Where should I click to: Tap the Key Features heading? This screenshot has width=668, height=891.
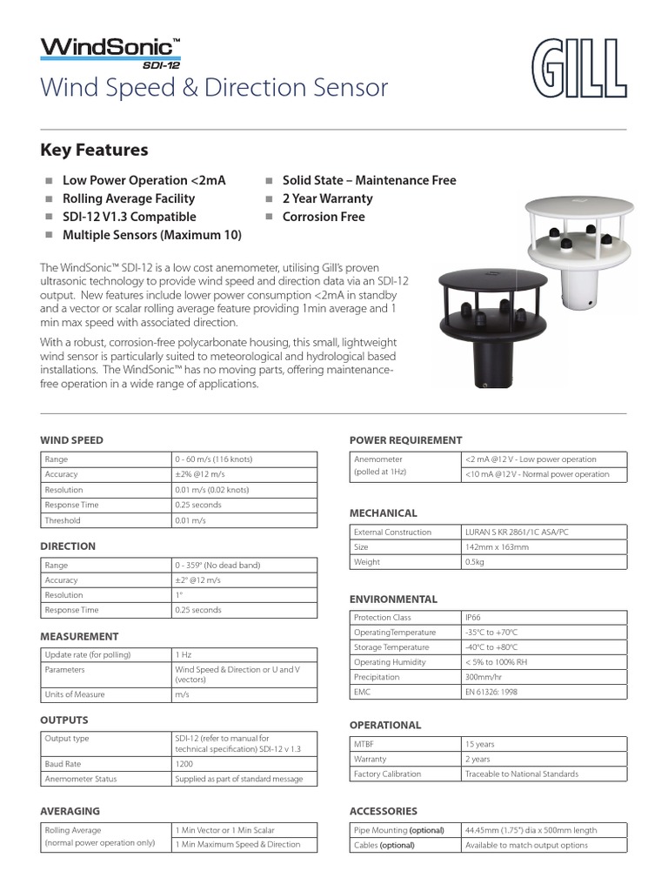pyautogui.click(x=94, y=150)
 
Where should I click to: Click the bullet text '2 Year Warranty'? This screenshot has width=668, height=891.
pyautogui.click(x=327, y=198)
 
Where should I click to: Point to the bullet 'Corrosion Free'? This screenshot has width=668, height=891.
pyautogui.click(x=324, y=217)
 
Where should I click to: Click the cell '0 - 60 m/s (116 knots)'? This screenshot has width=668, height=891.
pyautogui.click(x=214, y=459)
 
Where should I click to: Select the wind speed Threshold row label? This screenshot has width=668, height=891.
pyautogui.click(x=63, y=520)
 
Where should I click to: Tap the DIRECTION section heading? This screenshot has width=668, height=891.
pyautogui.click(x=68, y=546)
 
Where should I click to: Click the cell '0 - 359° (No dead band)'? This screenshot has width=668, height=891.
pyautogui.click(x=217, y=566)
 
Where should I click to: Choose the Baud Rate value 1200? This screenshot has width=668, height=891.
pyautogui.click(x=184, y=764)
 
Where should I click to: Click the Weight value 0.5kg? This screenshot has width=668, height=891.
pyautogui.click(x=475, y=562)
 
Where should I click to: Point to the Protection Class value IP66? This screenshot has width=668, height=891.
pyautogui.click(x=473, y=617)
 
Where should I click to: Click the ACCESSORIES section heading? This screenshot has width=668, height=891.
pyautogui.click(x=384, y=811)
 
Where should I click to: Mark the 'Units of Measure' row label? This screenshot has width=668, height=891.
pyautogui.click(x=75, y=694)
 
